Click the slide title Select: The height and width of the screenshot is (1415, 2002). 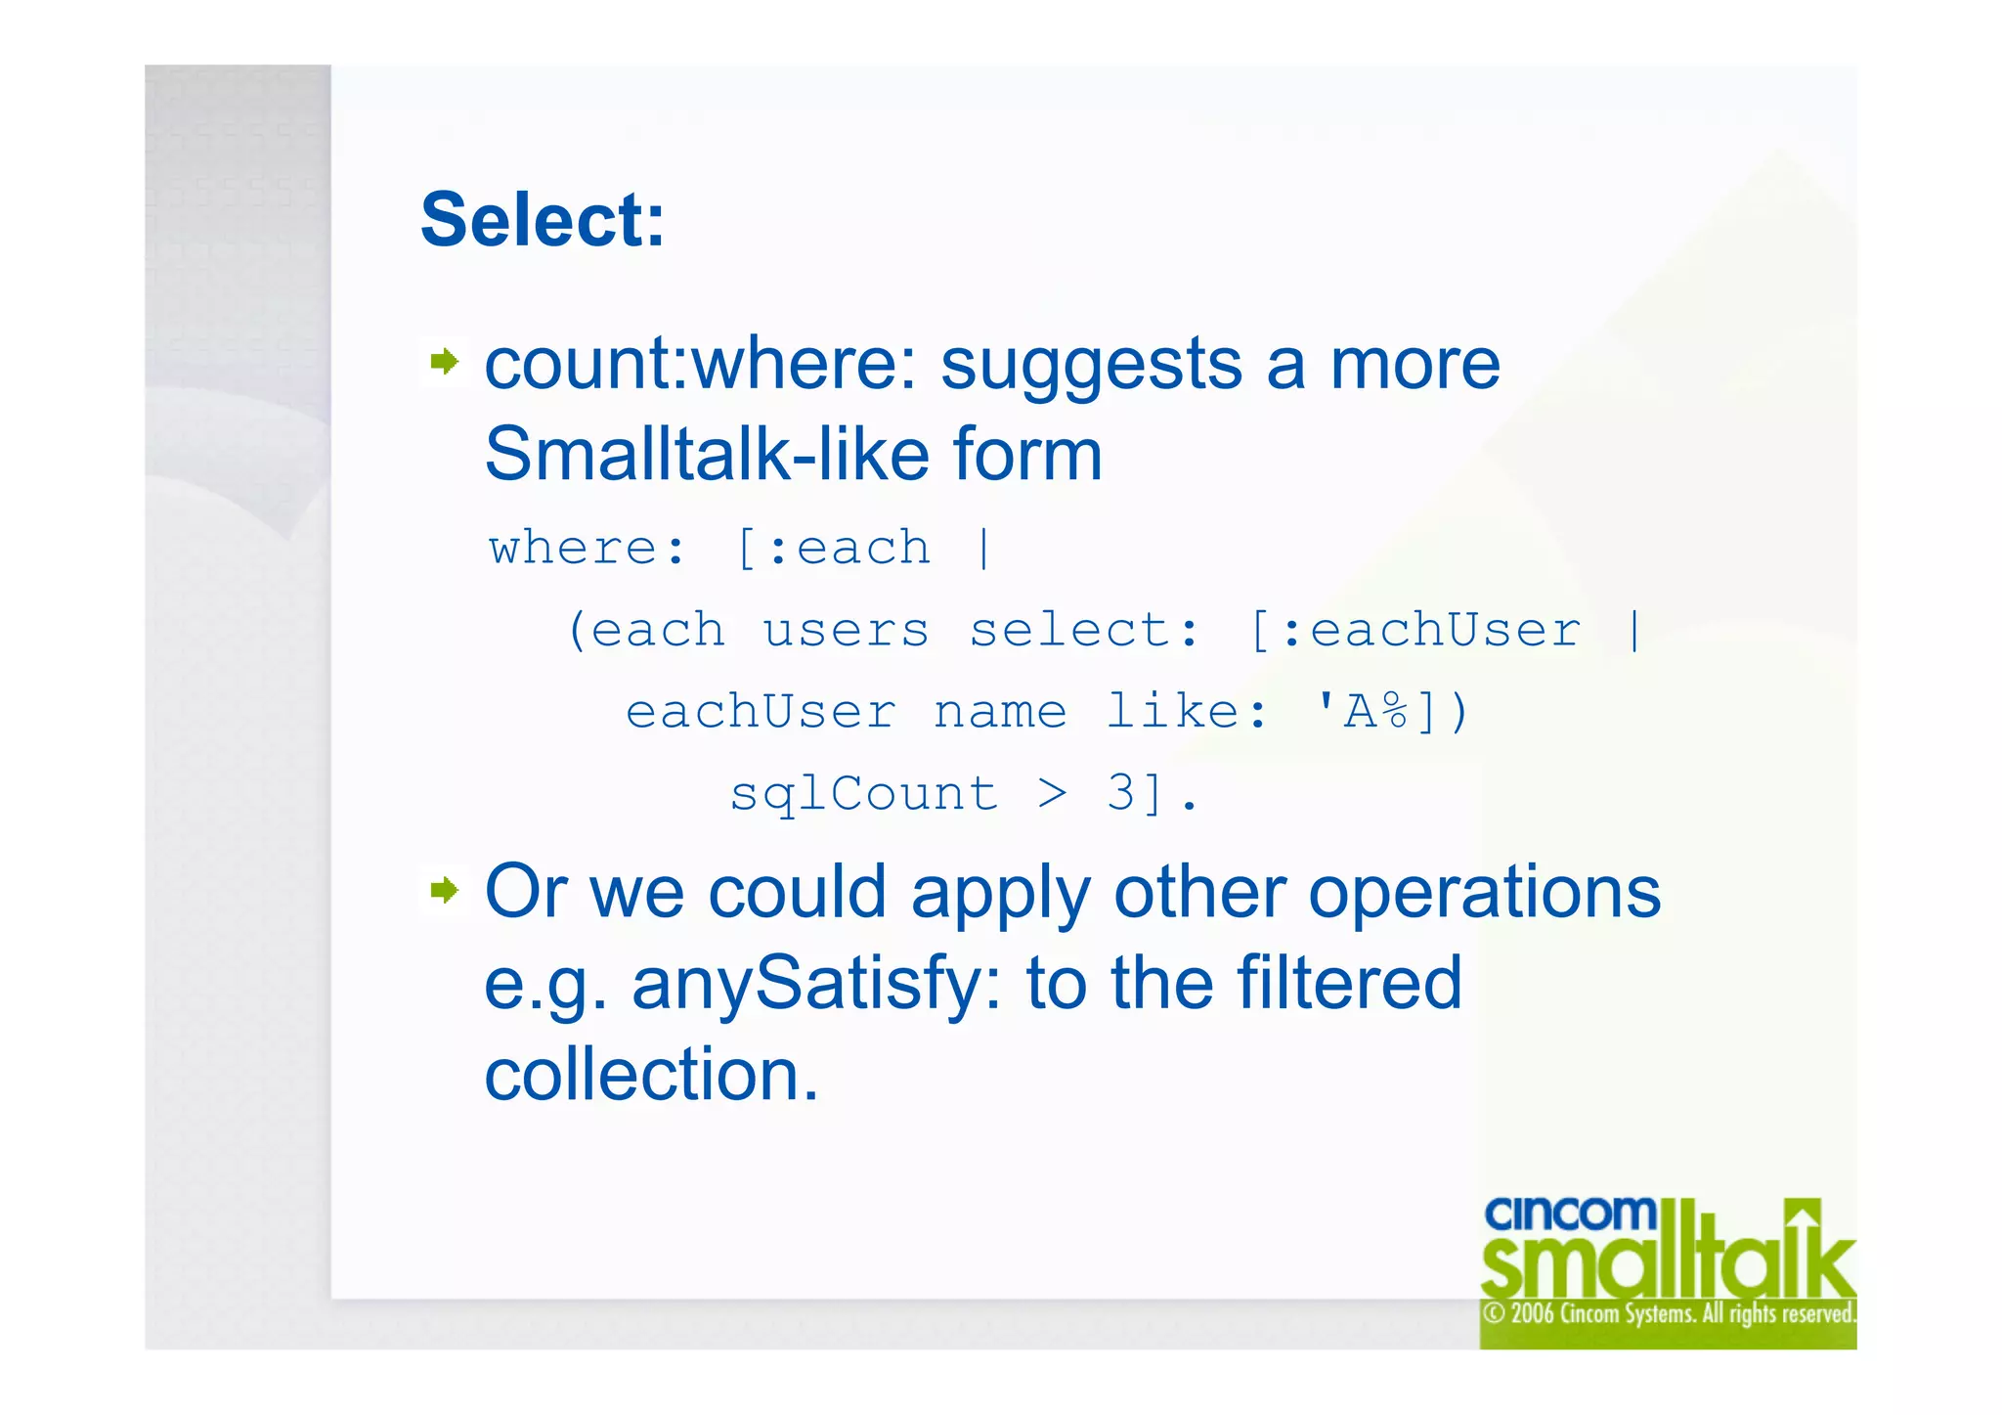pos(543,220)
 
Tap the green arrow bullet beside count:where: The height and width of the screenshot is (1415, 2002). pos(445,362)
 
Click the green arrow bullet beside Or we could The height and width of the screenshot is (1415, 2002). pos(445,890)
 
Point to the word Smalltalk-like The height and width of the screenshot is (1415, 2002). pos(705,455)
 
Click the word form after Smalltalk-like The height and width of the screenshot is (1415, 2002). pos(1027,455)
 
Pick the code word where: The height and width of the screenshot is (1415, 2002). pos(588,549)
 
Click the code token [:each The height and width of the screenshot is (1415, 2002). pos(832,549)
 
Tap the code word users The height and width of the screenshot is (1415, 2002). pos(846,631)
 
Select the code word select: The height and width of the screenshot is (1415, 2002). pos(1083,631)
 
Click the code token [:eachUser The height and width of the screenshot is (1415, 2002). pos(1414,631)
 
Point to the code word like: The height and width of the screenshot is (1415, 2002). pos(1186,712)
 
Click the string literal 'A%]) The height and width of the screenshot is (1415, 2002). pos(1392,712)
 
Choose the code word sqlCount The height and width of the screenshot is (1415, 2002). pos(864,794)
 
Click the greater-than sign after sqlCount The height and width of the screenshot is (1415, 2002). pos(1052,794)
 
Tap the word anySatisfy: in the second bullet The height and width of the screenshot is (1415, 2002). pos(817,984)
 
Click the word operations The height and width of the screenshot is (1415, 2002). pos(1484,892)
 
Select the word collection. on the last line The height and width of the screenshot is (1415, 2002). pos(651,1075)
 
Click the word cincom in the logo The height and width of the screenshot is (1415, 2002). pos(1569,1215)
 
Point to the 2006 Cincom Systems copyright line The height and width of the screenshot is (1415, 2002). pos(1668,1313)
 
